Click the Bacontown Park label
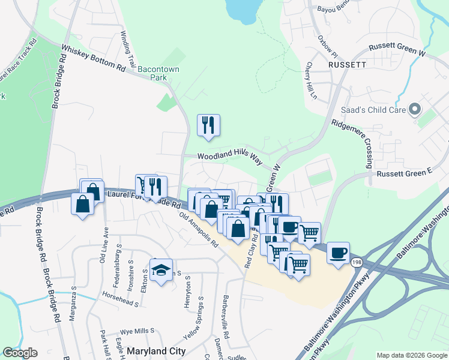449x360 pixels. (x=158, y=73)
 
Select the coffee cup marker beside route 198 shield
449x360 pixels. (x=338, y=252)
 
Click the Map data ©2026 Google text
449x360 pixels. (x=411, y=355)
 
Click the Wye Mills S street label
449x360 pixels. (x=137, y=330)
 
